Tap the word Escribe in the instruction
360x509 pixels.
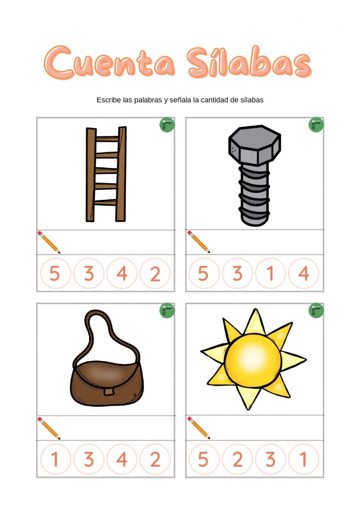point(108,100)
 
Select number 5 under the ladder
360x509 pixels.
point(55,273)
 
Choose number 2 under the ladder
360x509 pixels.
point(155,273)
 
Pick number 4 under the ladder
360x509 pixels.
point(122,273)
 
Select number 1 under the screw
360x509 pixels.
point(270,273)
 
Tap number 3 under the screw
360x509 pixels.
point(237,273)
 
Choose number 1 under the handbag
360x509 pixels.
point(55,459)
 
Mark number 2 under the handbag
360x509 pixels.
point(155,459)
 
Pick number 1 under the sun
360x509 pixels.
point(303,459)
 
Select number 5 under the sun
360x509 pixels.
point(203,459)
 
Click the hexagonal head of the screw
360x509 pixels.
point(255,145)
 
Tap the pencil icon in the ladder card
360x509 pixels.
point(49,242)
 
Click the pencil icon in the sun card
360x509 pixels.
point(198,427)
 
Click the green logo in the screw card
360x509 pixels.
point(316,125)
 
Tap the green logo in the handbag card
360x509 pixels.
point(167,311)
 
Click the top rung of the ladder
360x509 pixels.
point(107,139)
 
